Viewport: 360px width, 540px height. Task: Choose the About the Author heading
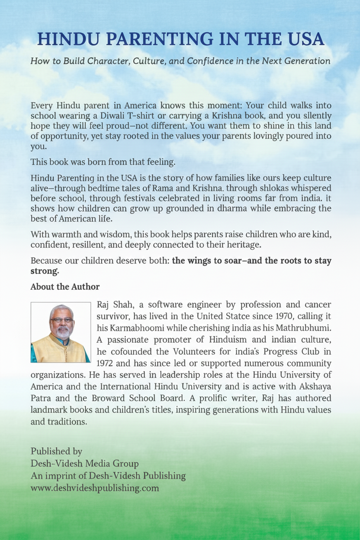[65, 287]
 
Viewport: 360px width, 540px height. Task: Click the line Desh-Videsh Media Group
[85, 464]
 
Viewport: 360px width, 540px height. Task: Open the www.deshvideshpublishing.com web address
[95, 488]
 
